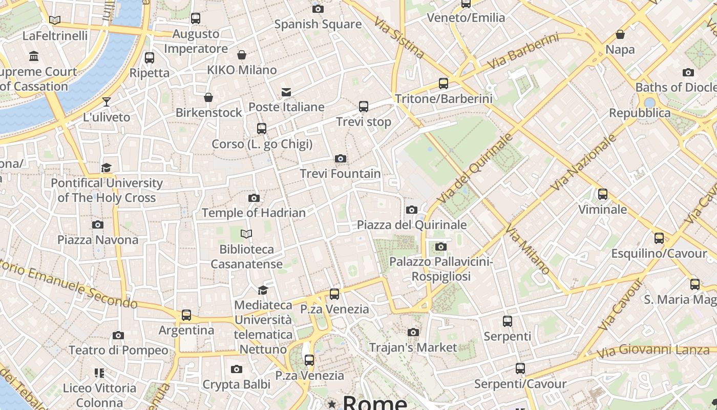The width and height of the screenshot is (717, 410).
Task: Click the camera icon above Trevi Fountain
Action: pos(340,159)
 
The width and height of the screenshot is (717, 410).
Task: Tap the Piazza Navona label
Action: pos(98,240)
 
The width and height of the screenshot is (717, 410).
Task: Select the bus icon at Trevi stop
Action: pos(364,107)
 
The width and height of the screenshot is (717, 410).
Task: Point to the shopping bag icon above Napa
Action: pos(620,34)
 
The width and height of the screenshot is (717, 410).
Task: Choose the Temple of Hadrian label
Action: pos(254,213)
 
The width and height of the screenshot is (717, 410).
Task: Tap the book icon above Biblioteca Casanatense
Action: pos(246,234)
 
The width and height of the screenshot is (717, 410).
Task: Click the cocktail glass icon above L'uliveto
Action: pos(107,102)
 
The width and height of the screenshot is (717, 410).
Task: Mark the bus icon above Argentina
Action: pos(186,315)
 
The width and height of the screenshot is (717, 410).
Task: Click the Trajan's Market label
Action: pos(413,347)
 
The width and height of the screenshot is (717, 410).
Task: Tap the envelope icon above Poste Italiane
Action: pos(286,92)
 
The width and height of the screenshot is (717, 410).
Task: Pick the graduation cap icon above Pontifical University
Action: pos(106,168)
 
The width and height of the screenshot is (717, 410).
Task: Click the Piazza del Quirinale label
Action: pos(412,225)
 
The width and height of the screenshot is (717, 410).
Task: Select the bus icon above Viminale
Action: pos(603,194)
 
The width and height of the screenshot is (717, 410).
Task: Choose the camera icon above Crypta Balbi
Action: pos(236,369)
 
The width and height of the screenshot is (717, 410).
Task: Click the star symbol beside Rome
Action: pos(332,404)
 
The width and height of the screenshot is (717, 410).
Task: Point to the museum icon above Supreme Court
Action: pos(34,56)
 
